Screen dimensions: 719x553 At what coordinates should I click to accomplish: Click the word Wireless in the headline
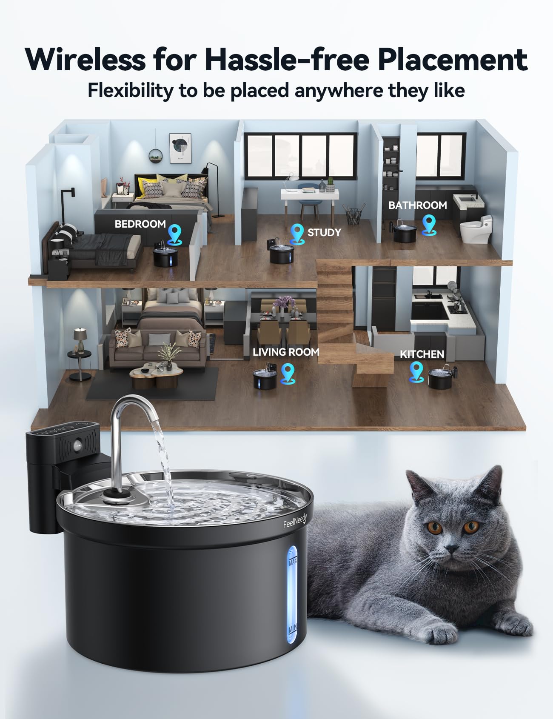click(x=85, y=60)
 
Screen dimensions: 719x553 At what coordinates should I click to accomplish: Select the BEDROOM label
click(x=140, y=224)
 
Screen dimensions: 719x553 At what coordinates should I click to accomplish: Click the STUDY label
click(x=324, y=232)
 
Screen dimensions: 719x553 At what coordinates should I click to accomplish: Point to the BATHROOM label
click(x=417, y=205)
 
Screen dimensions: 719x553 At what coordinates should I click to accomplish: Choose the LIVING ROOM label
click(x=285, y=352)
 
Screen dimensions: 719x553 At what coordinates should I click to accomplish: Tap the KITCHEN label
click(x=422, y=354)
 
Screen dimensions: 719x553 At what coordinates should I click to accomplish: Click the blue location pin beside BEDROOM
click(x=174, y=234)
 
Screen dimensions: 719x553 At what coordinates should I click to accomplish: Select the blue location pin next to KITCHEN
click(x=416, y=371)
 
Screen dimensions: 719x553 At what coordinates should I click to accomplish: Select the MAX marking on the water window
click(x=293, y=562)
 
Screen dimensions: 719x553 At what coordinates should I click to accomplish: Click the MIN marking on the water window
click(x=293, y=629)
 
